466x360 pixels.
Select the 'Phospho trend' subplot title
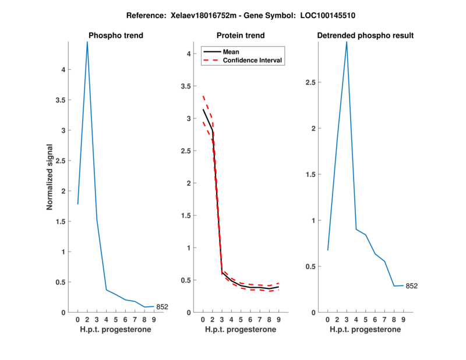(115, 36)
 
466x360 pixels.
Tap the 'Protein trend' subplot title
(241, 36)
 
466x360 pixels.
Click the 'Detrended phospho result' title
(365, 36)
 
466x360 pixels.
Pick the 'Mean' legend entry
(231, 52)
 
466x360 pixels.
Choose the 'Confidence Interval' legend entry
(253, 60)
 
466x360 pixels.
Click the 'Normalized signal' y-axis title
(50, 177)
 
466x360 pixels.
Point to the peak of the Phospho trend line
(87, 42)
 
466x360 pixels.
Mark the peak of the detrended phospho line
(347, 42)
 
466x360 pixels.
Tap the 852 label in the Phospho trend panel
(162, 307)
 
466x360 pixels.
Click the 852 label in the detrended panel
(412, 286)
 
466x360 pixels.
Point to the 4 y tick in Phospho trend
(70, 69)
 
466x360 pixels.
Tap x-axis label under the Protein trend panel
(241, 330)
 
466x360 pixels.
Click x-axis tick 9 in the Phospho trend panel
(154, 320)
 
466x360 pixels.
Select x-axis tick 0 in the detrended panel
(327, 320)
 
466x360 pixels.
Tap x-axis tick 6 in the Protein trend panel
(250, 320)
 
